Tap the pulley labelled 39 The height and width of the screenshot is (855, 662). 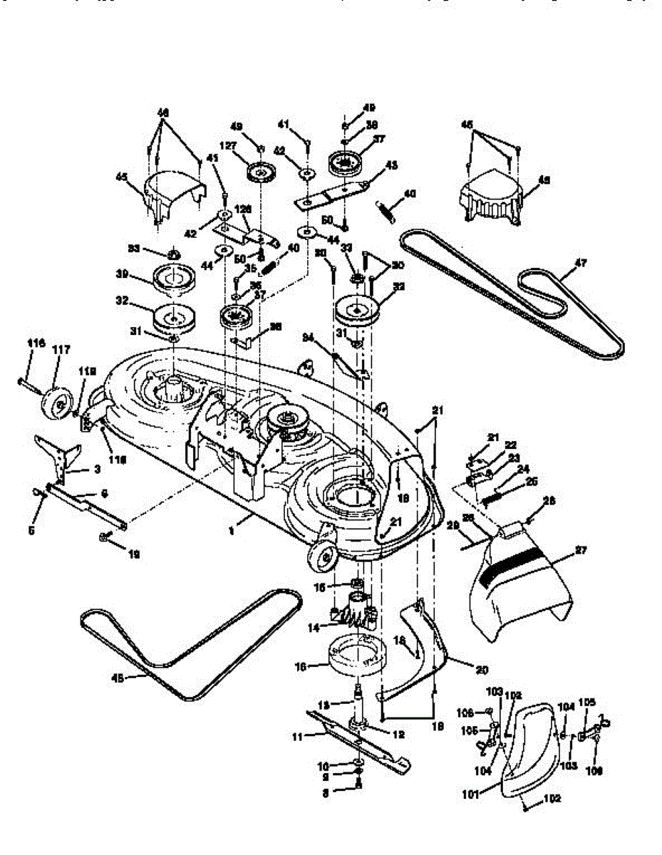171,279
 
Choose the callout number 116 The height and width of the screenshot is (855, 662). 35,343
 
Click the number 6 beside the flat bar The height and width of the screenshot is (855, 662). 104,493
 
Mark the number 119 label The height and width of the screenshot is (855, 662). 86,371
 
